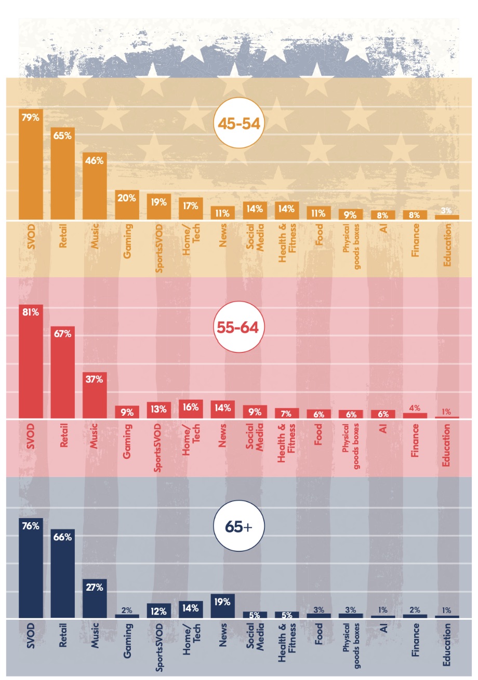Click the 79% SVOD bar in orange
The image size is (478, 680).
point(31,165)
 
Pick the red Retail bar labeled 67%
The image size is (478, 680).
point(62,372)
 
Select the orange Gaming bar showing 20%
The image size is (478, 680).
point(127,205)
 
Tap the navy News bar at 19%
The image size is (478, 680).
point(222,606)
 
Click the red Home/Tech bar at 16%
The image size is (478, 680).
point(191,409)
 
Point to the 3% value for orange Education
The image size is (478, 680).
point(447,210)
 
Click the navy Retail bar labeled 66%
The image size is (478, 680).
point(62,574)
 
